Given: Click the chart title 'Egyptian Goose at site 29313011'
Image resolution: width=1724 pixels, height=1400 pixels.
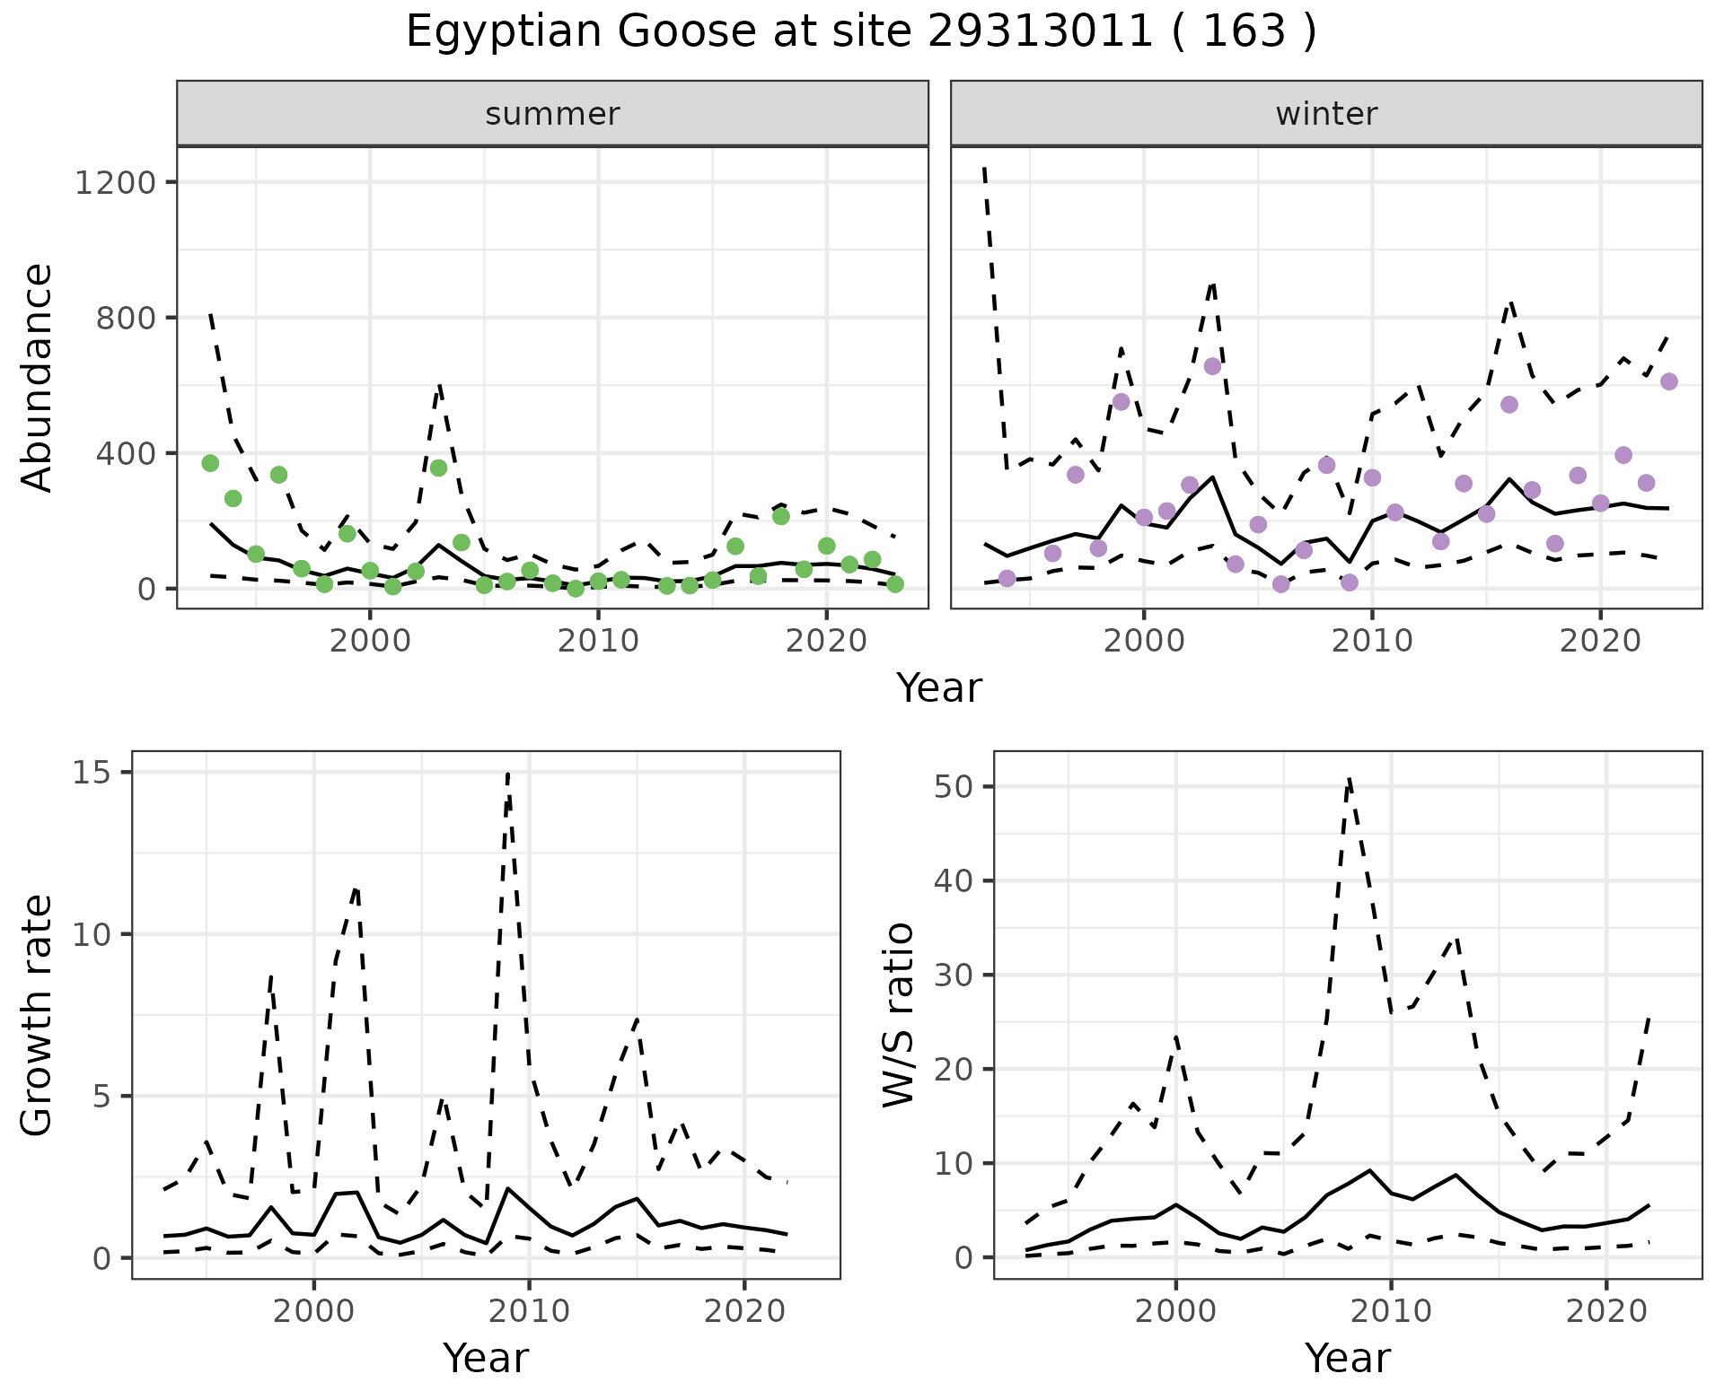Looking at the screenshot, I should (x=860, y=32).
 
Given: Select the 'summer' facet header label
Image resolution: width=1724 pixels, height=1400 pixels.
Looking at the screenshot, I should (x=552, y=114).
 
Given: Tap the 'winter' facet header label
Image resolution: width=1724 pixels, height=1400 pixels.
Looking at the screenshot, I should (x=1326, y=114).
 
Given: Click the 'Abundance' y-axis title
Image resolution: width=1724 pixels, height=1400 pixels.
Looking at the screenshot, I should (x=37, y=377).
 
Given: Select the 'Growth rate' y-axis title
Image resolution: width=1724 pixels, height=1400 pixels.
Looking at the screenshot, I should (x=37, y=1015).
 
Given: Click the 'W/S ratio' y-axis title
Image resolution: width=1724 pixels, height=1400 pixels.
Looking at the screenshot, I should (x=898, y=1015).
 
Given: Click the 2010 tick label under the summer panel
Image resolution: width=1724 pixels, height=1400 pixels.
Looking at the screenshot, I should (x=598, y=641).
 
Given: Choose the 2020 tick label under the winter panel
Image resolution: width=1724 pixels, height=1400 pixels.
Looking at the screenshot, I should (x=1599, y=641).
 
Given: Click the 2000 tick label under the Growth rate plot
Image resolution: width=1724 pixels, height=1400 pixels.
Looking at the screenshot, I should (x=313, y=1310).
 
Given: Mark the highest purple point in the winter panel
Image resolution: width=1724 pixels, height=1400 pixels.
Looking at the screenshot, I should (x=1212, y=366).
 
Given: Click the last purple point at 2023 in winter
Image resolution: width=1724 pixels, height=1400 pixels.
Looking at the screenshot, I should (x=1669, y=381).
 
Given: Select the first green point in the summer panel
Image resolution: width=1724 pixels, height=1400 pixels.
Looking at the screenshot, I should (x=210, y=463).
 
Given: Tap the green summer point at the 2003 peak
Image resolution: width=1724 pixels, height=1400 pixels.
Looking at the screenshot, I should (x=438, y=468).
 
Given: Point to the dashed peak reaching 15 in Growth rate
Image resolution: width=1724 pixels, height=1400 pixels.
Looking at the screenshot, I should (x=508, y=774).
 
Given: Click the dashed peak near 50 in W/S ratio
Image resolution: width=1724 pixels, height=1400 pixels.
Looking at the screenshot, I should (x=1349, y=779).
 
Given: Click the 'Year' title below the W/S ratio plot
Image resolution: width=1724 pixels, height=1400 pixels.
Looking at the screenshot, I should (x=1347, y=1359).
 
